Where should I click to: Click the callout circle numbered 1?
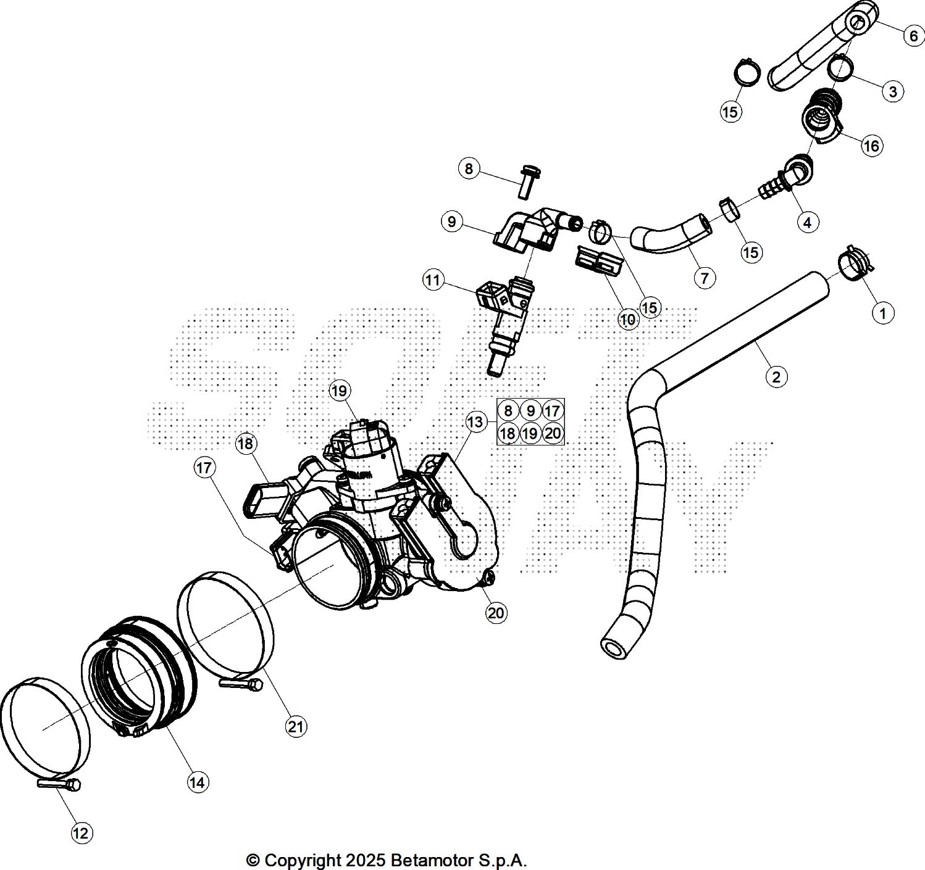click(882, 313)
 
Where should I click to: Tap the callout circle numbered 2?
click(776, 376)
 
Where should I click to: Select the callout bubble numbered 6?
click(913, 36)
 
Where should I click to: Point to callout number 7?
click(704, 278)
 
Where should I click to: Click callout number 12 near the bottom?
click(82, 833)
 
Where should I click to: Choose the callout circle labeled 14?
click(198, 782)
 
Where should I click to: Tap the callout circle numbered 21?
click(296, 727)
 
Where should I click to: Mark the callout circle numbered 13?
click(475, 422)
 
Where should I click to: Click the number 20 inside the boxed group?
click(553, 433)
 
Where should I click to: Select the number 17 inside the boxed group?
click(553, 411)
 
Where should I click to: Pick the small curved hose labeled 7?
click(670, 234)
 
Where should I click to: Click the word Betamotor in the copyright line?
click(432, 860)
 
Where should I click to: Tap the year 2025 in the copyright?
click(362, 860)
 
